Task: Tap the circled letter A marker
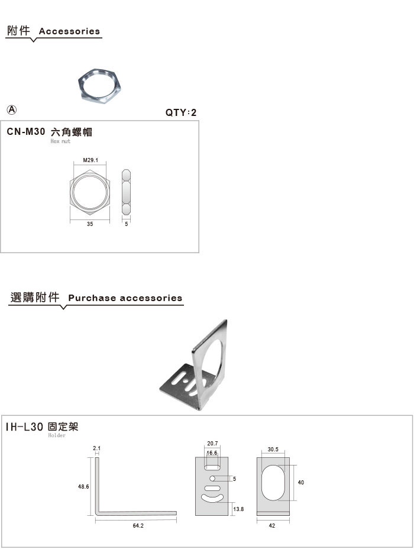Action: click(12, 110)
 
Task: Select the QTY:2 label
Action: click(181, 112)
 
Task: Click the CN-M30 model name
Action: click(26, 131)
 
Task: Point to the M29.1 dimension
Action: click(90, 160)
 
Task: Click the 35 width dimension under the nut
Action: click(90, 224)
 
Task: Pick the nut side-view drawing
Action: click(126, 192)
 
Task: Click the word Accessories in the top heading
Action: click(69, 31)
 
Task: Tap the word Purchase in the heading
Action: click(92, 298)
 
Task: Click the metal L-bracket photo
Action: click(193, 365)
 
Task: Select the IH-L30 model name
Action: click(25, 426)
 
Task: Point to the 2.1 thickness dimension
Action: click(96, 448)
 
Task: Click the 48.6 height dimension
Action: click(83, 487)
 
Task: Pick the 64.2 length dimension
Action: click(138, 526)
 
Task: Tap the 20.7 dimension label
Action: click(212, 444)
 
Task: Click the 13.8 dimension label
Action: click(238, 509)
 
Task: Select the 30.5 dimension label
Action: click(273, 450)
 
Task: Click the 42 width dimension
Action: click(272, 526)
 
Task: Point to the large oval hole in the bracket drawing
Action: click(273, 483)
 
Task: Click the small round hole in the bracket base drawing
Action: click(212, 479)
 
